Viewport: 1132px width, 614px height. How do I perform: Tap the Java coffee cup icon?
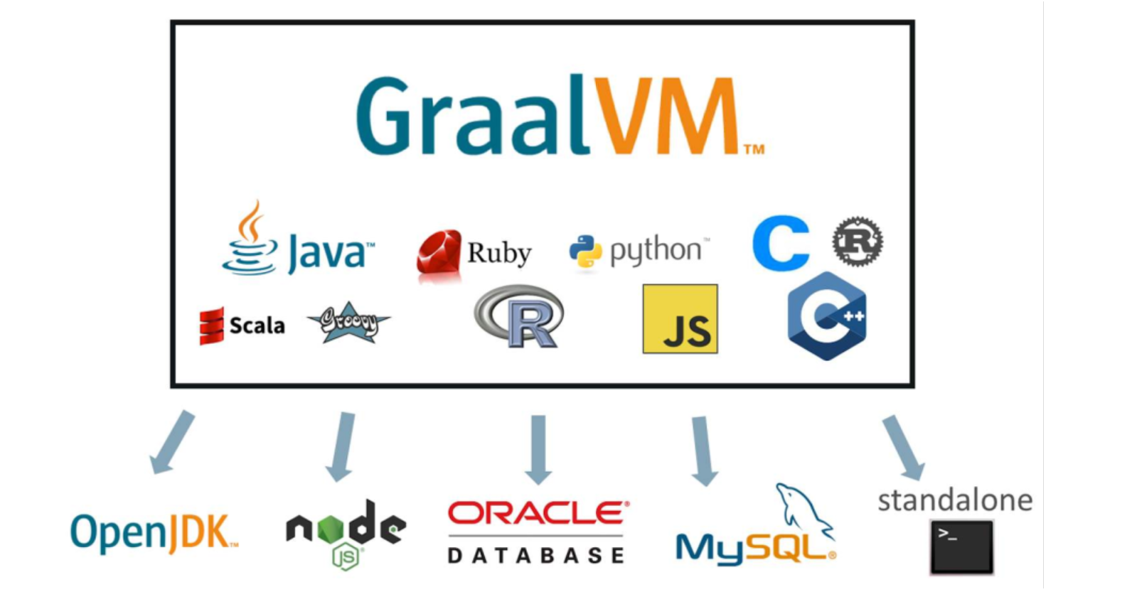click(249, 242)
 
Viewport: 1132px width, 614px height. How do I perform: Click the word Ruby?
click(499, 253)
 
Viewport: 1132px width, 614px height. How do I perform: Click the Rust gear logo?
click(858, 242)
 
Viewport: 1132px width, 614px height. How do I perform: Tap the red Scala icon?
click(212, 325)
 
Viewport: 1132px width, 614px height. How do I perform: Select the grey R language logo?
click(520, 317)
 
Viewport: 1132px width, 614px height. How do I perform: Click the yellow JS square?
click(680, 319)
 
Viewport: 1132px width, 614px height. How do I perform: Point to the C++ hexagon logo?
click(827, 316)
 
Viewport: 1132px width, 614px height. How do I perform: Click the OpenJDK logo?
click(154, 532)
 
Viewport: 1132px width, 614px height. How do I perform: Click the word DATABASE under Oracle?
click(536, 556)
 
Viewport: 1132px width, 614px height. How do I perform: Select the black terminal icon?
click(961, 546)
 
